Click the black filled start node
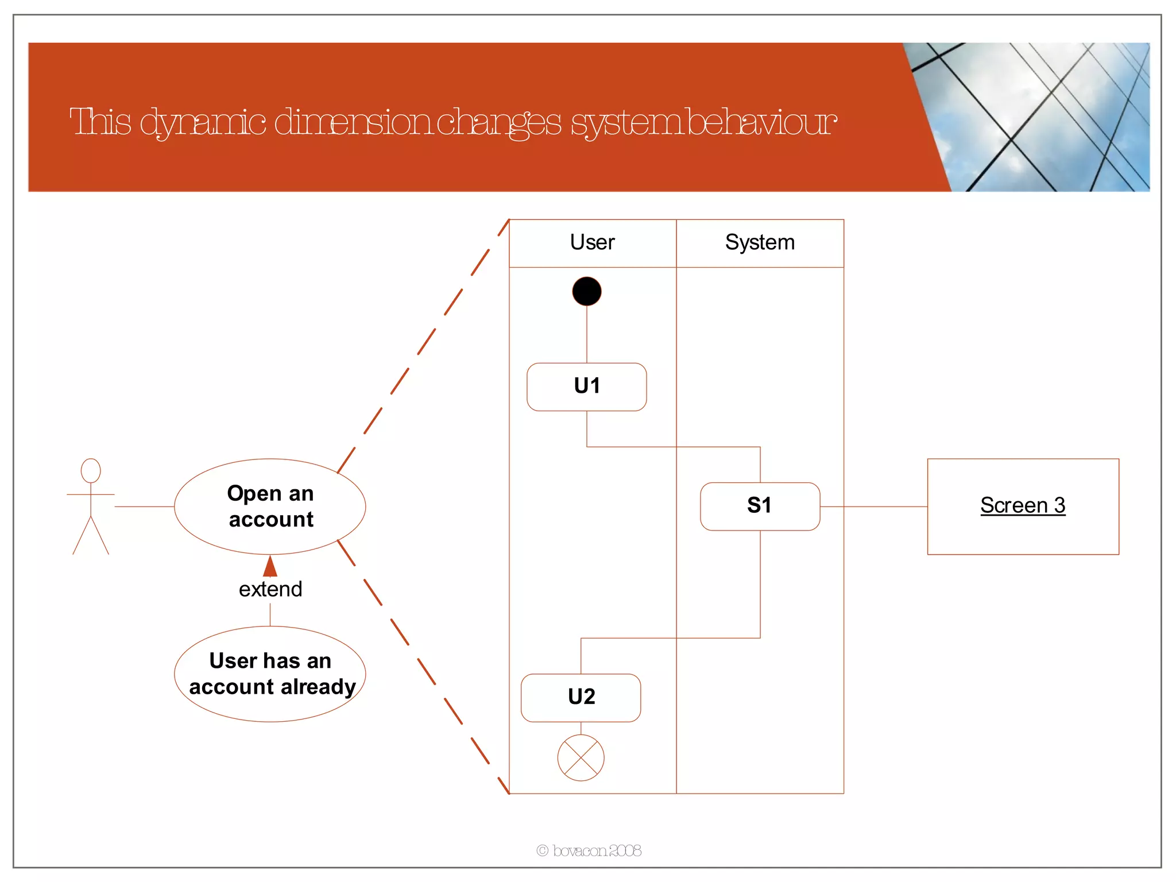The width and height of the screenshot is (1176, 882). click(x=586, y=291)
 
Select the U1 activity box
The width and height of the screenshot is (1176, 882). click(x=586, y=386)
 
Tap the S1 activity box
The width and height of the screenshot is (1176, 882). click(x=760, y=506)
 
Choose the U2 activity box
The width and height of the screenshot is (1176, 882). click(x=581, y=697)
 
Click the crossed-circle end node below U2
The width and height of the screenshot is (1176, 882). click(x=581, y=757)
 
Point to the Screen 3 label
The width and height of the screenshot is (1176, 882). click(x=1022, y=505)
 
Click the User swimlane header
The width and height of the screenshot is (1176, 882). click(x=592, y=243)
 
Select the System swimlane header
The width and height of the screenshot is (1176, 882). click(x=760, y=243)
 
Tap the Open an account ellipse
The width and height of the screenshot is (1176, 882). click(x=270, y=506)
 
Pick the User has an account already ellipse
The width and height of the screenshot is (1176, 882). click(x=270, y=674)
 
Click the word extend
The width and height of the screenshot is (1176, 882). click(x=270, y=589)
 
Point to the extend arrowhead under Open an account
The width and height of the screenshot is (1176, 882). click(x=270, y=567)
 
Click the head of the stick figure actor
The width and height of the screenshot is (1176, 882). click(x=91, y=470)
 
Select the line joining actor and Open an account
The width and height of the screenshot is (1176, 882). click(x=144, y=506)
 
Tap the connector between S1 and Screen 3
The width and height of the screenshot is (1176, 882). click(x=873, y=506)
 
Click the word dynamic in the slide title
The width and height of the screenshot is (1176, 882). click(x=203, y=122)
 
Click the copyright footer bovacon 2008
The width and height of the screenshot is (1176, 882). click(x=589, y=850)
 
